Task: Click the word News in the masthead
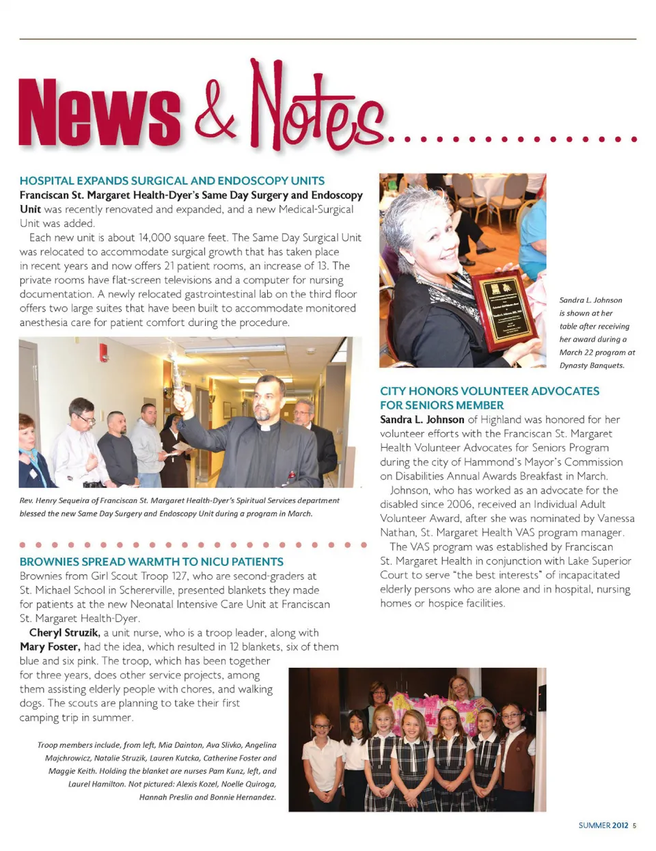point(100,113)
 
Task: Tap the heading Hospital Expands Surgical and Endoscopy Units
point(172,181)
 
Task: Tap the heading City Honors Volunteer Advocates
point(489,391)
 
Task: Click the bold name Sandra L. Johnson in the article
point(422,420)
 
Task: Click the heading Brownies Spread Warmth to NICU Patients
point(152,562)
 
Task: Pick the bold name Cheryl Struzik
point(64,633)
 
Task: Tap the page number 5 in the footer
point(634,826)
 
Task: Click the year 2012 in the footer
point(620,826)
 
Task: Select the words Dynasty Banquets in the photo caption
point(592,366)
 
